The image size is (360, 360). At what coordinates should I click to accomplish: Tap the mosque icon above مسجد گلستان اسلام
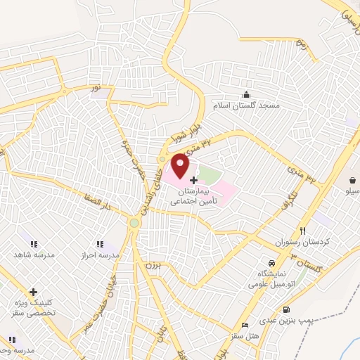click(246, 94)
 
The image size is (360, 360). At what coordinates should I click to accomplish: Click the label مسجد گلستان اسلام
click(248, 105)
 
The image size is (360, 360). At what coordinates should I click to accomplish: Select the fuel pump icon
click(285, 310)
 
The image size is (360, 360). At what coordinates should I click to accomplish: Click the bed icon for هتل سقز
click(244, 325)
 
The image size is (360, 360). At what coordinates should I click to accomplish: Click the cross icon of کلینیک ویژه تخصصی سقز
click(33, 291)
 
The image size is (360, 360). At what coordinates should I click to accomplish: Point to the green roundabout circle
click(134, 223)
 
